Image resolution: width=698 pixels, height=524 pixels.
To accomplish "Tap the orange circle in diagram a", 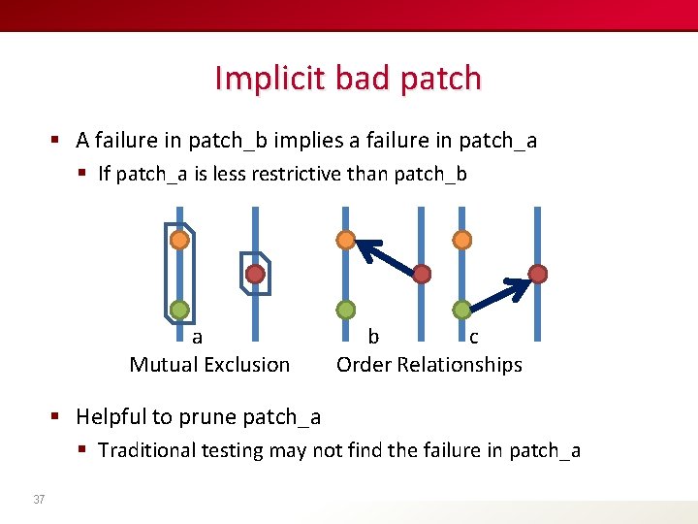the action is pos(179,239).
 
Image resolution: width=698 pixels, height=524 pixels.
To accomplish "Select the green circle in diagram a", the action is pos(179,311).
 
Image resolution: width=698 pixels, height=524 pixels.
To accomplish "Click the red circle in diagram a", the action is pos(255,275).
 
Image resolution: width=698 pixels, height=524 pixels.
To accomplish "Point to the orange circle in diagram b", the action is pos(345,239).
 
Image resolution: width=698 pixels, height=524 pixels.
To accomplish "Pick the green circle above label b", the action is pos(345,310).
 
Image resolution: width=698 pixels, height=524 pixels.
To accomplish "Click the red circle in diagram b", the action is pos(422,275).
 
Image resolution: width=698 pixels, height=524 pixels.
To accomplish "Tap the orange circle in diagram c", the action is pos(462,239).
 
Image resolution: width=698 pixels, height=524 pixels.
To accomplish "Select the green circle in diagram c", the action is pos(462,310).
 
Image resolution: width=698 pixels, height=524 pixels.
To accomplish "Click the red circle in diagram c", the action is pos(538,275).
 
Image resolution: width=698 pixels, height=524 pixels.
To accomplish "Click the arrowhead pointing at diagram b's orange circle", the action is pos(365,248).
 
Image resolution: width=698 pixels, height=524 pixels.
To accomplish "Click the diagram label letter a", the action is pos(198,338).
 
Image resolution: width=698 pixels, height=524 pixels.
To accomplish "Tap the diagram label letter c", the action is pos(473,338).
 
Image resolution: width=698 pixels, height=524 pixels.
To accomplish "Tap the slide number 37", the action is pos(39,500).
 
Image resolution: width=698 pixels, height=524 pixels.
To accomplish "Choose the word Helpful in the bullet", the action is pos(112,417).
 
